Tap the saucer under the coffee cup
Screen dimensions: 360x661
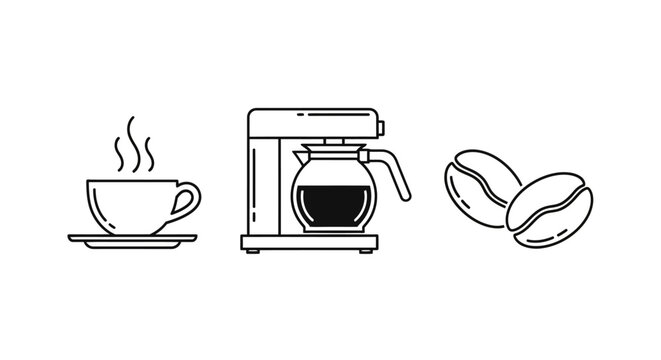(132, 238)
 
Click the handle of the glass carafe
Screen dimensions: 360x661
(398, 174)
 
